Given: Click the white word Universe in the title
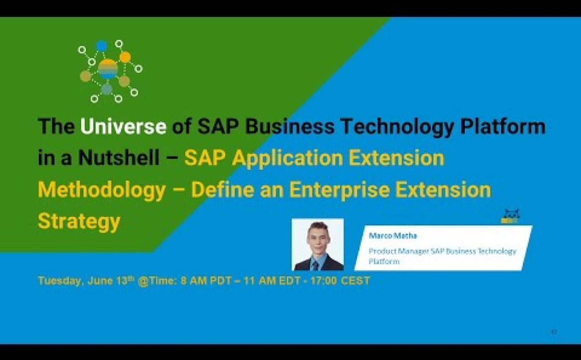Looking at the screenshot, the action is [x=123, y=126].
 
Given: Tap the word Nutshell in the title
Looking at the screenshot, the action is [x=119, y=158].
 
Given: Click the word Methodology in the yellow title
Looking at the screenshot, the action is [x=101, y=190].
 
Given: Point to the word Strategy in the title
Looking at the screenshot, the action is [x=79, y=222].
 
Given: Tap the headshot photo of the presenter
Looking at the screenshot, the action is [x=318, y=244].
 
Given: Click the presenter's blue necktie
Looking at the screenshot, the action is [x=315, y=265].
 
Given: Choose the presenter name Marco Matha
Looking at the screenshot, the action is [x=393, y=235].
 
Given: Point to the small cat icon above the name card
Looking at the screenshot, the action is [x=510, y=216].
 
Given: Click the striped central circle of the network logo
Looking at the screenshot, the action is [x=108, y=69].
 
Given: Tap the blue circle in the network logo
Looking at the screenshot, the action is [x=101, y=46].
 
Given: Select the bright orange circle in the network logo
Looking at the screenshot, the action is [x=125, y=57].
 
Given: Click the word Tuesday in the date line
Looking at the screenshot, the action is [x=61, y=281].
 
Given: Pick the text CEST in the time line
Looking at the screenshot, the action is [x=356, y=281].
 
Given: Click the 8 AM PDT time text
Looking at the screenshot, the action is [x=203, y=281].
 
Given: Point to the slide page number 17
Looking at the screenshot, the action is [x=554, y=332].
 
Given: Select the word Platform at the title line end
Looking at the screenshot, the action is [x=503, y=126].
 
